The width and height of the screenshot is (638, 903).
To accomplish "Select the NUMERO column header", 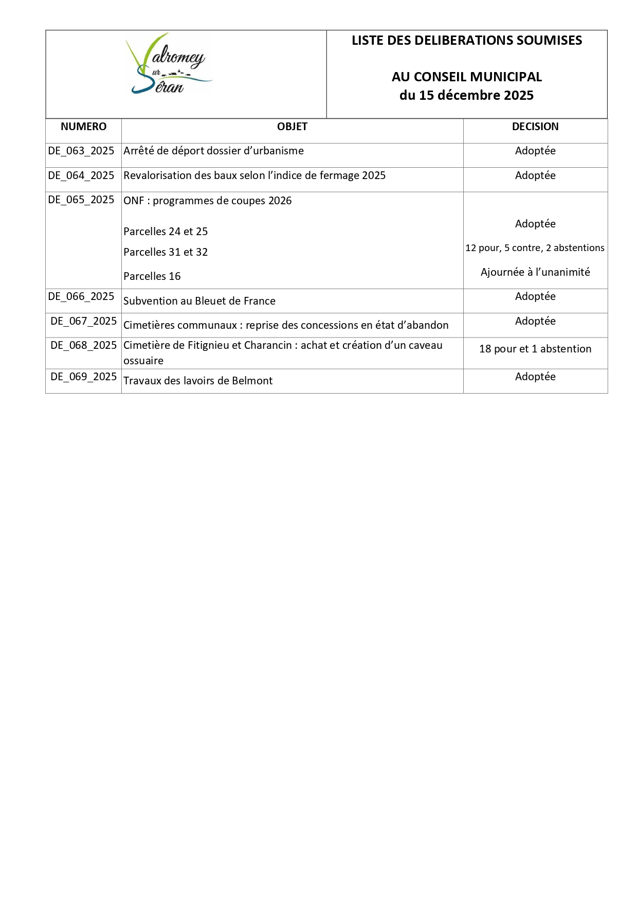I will coord(83,127).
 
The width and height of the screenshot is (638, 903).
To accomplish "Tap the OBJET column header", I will coord(292,127).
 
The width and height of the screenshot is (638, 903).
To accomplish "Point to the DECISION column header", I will coord(535,127).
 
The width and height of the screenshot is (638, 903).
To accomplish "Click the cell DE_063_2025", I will coord(81,151).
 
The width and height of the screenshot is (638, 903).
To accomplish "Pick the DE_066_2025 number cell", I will coord(81,296).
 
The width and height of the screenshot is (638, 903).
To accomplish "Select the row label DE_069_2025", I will coord(84,377).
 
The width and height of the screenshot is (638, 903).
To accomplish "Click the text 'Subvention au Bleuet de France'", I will coord(199,301).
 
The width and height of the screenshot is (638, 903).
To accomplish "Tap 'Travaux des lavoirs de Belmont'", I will coord(198,381).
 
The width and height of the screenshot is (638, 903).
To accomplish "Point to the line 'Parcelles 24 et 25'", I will coord(166,232).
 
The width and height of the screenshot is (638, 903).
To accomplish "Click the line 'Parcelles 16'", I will coord(152,276).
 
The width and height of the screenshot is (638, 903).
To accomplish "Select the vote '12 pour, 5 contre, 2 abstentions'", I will coord(535,248).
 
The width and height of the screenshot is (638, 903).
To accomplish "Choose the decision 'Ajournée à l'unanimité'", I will coord(535,272).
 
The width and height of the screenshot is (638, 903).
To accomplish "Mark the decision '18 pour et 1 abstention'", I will coord(535,349).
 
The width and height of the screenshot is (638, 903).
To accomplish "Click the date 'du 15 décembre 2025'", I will coord(466,95).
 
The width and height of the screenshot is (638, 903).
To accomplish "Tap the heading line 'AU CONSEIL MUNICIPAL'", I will coord(467,77).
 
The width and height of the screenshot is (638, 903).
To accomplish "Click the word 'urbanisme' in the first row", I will coord(278,151).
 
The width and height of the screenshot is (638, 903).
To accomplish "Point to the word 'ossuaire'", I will coord(143,361).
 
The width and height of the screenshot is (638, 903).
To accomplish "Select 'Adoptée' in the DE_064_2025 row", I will coord(535,175).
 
